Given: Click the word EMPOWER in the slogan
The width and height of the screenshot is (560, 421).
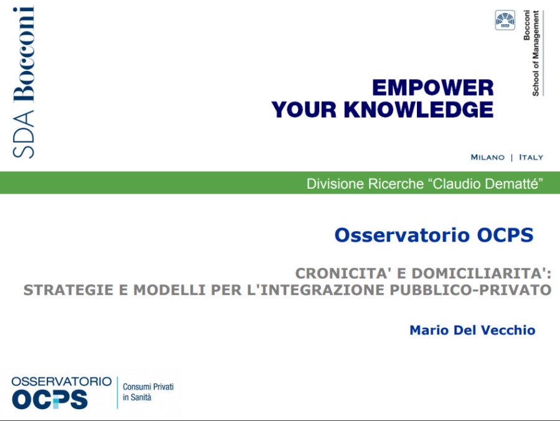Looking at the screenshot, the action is pyautogui.click(x=433, y=88).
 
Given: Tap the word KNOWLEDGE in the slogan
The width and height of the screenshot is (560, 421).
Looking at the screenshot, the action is pyautogui.click(x=419, y=110).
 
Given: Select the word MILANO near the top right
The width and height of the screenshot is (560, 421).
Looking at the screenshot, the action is pyautogui.click(x=487, y=157).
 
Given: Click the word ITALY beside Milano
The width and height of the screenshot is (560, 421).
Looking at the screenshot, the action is pyautogui.click(x=531, y=157).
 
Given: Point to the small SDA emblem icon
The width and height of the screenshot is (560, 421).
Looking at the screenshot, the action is pyautogui.click(x=505, y=20).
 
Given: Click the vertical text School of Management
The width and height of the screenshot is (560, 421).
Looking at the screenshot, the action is pyautogui.click(x=536, y=54).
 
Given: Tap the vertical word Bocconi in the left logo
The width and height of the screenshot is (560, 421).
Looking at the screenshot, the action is pyautogui.click(x=24, y=54).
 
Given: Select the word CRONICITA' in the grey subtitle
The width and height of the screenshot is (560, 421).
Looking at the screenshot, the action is pyautogui.click(x=343, y=273).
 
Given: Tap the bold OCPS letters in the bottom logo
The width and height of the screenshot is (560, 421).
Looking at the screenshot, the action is pyautogui.click(x=50, y=399).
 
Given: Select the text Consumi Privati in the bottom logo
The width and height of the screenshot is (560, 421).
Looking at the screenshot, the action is pyautogui.click(x=148, y=387).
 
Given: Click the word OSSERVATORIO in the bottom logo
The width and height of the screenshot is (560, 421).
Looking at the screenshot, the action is pyautogui.click(x=62, y=381).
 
